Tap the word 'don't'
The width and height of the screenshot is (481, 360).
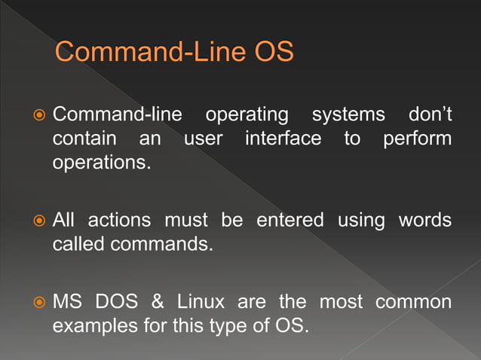point(430,116)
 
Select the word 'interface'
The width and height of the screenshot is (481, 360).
point(283,139)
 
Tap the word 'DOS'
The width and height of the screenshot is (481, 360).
point(116,303)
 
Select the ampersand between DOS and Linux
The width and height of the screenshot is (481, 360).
point(158,303)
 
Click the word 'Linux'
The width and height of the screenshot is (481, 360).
point(201,303)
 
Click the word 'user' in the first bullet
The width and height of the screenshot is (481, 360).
point(204,140)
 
